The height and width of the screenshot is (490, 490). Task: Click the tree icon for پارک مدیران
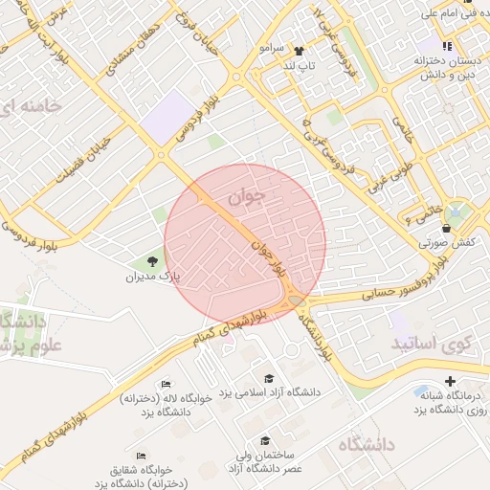[x=151, y=261]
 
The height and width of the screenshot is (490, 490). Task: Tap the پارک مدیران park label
[x=152, y=278]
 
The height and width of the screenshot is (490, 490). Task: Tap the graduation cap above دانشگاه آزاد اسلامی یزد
[x=268, y=378]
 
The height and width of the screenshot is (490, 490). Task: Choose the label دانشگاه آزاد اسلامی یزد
[x=272, y=392]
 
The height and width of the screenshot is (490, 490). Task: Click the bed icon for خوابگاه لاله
[x=167, y=384]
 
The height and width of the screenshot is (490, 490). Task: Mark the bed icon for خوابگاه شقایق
[x=142, y=456]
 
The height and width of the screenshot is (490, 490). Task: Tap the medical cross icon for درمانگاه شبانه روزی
[x=450, y=382]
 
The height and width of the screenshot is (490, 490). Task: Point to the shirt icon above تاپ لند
[x=299, y=50]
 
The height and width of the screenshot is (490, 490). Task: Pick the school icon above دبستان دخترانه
[x=446, y=46]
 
